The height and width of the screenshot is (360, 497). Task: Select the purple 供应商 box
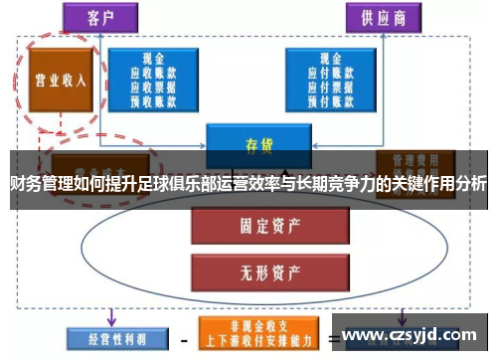tap(381, 18)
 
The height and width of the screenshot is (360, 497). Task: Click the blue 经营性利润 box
tap(106, 336)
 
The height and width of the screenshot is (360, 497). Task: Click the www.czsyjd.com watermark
tap(410, 334)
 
